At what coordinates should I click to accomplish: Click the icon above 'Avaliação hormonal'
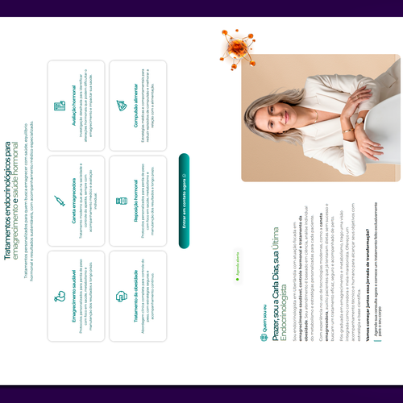coord(59,106)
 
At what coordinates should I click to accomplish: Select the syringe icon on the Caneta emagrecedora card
coord(59,201)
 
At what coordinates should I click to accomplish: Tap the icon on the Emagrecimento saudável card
coord(59,296)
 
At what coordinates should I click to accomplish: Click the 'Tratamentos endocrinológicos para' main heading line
coord(10,201)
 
